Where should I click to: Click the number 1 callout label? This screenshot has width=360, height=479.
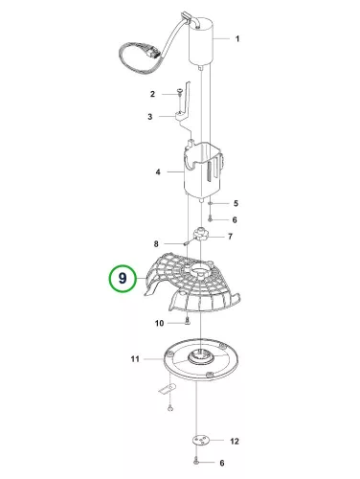pyautogui.click(x=237, y=39)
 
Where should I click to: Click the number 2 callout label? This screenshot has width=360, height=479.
pyautogui.click(x=152, y=94)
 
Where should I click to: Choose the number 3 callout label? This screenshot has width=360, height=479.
pyautogui.click(x=150, y=117)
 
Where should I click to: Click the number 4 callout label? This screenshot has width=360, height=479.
pyautogui.click(x=158, y=172)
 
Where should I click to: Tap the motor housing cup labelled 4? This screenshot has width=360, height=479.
pyautogui.click(x=203, y=170)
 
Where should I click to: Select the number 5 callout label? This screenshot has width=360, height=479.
pyautogui.click(x=236, y=203)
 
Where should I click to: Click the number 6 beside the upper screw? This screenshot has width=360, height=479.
pyautogui.click(x=235, y=219)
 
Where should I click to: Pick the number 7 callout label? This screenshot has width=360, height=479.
pyautogui.click(x=230, y=237)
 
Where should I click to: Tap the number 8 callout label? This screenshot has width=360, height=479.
pyautogui.click(x=156, y=244)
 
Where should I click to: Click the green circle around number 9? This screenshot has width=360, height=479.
pyautogui.click(x=123, y=278)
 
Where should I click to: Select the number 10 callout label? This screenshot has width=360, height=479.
pyautogui.click(x=159, y=324)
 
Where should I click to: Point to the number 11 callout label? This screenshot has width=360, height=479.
pyautogui.click(x=135, y=359)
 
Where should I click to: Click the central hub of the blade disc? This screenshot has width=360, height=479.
pyautogui.click(x=200, y=356)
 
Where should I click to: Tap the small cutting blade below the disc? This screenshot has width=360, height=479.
pyautogui.click(x=168, y=389)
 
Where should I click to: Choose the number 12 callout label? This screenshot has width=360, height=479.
pyautogui.click(x=235, y=442)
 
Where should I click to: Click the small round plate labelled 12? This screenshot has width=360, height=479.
pyautogui.click(x=200, y=441)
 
